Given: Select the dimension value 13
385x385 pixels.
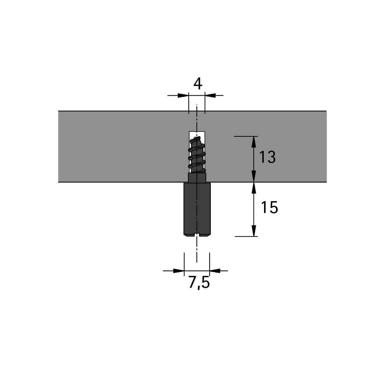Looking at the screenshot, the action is click(267, 157).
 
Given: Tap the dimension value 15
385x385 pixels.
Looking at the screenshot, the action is click(269, 207).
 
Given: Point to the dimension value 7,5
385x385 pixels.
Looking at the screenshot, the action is click(199, 283).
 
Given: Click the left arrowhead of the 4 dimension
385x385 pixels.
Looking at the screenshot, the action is click(183, 96).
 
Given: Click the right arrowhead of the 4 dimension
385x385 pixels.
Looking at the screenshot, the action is click(210, 96).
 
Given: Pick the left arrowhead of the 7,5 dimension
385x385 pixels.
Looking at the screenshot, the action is click(179, 271).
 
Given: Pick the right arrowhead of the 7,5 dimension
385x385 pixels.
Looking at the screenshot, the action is click(215, 271).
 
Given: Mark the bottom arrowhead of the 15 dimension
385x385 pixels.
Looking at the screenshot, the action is click(254, 231).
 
